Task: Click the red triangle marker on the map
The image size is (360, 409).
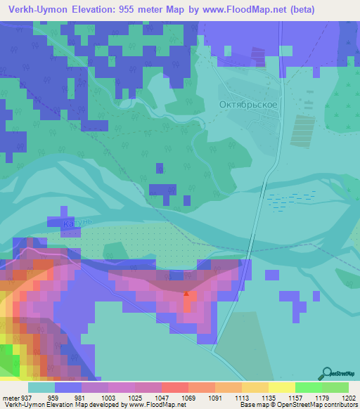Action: pos(186,294)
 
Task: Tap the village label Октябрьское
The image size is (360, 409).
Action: pos(247,104)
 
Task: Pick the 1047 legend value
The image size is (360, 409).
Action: pos(161,397)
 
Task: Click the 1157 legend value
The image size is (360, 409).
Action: pos(295,397)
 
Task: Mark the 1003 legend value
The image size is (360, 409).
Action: pos(108,397)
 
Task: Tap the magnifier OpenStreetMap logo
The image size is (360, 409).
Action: pos(326,373)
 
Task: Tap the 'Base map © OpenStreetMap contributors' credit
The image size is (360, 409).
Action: pos(298,405)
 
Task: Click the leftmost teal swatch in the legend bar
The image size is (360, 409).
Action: pos(41,387)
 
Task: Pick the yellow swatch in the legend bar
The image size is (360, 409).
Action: pos(281,387)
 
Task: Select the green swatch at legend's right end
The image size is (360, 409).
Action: pos(335,387)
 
